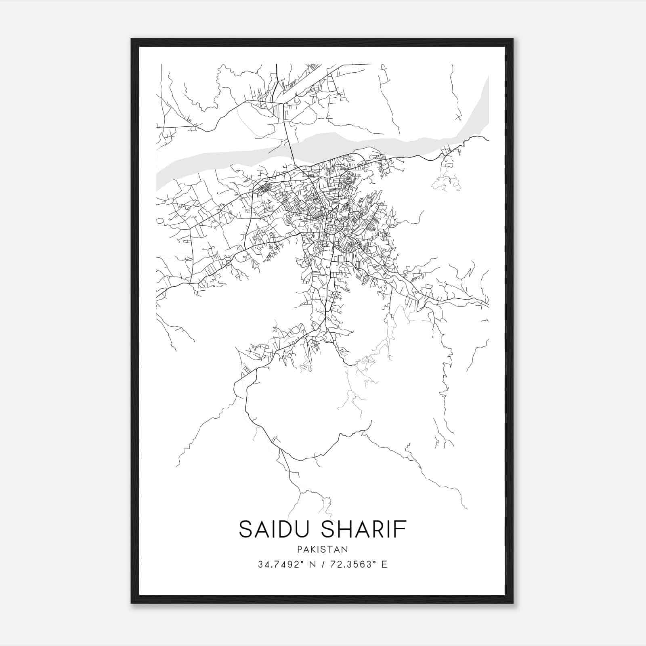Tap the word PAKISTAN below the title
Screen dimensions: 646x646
(x=323, y=550)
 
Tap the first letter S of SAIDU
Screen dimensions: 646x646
(x=245, y=529)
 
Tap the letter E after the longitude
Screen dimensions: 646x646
(x=384, y=564)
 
